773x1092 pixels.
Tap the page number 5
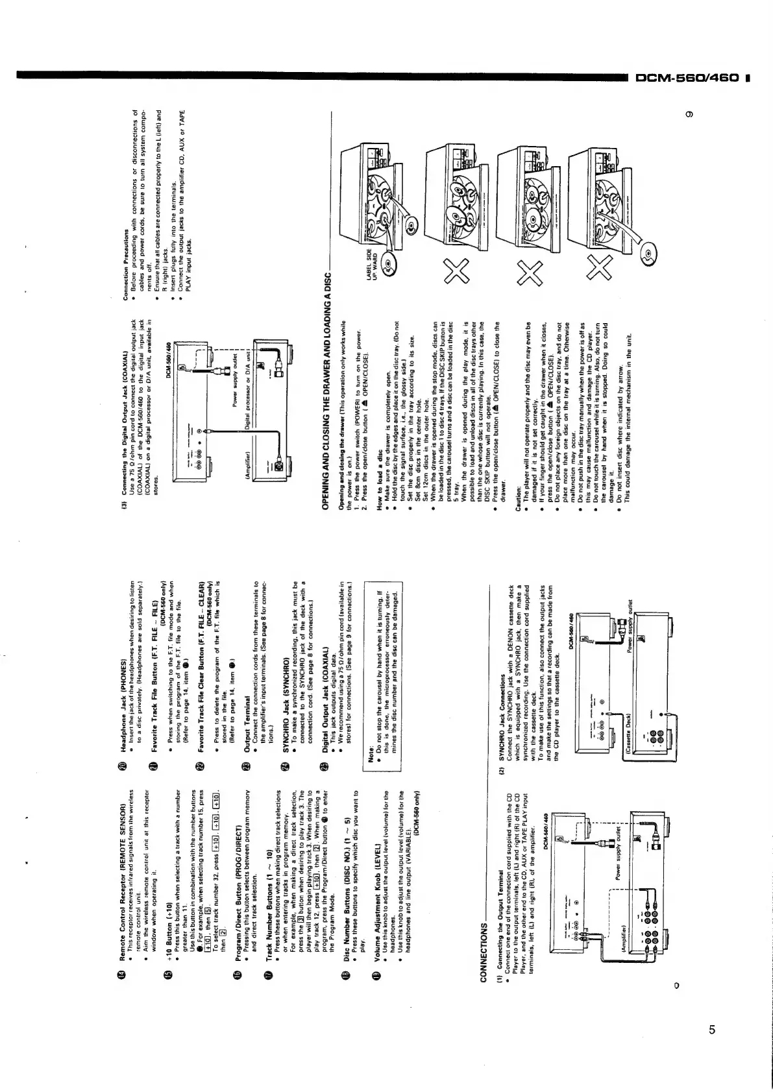(x=712, y=1012)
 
